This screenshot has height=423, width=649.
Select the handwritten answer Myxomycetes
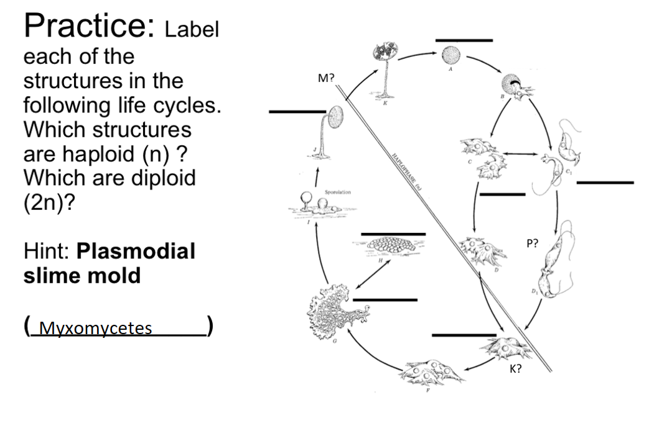[x=95, y=328]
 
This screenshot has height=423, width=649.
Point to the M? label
[x=326, y=79]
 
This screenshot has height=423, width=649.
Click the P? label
[x=533, y=244]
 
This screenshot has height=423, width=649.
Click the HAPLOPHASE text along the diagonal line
[x=405, y=176]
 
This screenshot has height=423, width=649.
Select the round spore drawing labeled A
[x=451, y=56]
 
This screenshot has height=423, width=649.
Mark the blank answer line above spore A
[x=464, y=40]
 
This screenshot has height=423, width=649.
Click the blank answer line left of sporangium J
[x=297, y=112]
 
